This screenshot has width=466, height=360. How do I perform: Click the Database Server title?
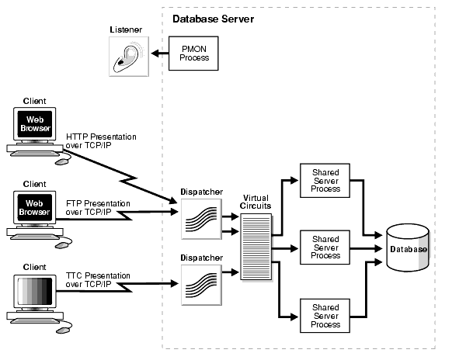click(x=212, y=18)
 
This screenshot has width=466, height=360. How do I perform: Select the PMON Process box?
click(x=194, y=53)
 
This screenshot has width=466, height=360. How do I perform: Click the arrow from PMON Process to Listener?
click(x=159, y=54)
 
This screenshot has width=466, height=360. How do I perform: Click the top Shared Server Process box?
click(x=325, y=179)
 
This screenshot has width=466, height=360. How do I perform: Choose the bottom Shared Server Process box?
click(x=325, y=317)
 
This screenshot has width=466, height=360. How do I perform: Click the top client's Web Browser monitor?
click(x=35, y=124)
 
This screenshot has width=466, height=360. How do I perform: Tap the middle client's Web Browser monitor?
click(x=35, y=206)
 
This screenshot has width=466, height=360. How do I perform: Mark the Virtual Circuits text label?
click(x=256, y=202)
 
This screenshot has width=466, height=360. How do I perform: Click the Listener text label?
click(x=126, y=29)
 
